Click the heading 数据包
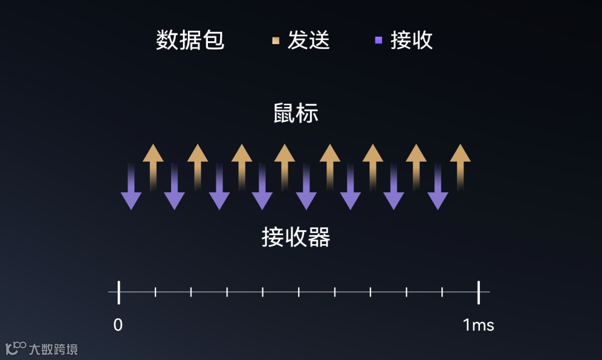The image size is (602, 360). [190, 40]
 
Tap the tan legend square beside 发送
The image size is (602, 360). [275, 40]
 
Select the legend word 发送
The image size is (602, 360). [309, 40]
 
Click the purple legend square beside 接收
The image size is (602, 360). [378, 40]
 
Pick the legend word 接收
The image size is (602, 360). [411, 40]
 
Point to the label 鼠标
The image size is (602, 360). [295, 113]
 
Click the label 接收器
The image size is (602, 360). [295, 237]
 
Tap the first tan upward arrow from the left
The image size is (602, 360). [153, 162]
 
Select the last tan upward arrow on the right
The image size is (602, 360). [460, 162]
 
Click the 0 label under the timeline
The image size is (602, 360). [118, 325]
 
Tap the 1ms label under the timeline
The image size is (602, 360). [478, 325]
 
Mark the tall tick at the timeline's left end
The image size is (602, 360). [119, 292]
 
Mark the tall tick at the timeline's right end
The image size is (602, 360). [478, 292]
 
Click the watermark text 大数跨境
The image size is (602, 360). [54, 349]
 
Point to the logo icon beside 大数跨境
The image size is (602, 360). [16, 348]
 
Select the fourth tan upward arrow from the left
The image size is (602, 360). [285, 162]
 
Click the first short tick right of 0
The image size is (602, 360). [156, 291]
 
